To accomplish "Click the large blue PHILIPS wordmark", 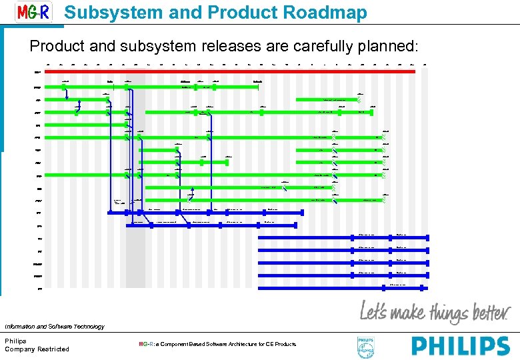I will point(460,345).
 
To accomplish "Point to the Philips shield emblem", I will point(367,346).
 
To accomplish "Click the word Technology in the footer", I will point(86,327).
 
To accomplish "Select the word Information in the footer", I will point(20,327).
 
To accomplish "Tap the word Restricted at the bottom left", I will point(53,349).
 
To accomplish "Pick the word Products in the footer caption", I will point(285,344).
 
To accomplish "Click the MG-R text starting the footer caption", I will point(145,344).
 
